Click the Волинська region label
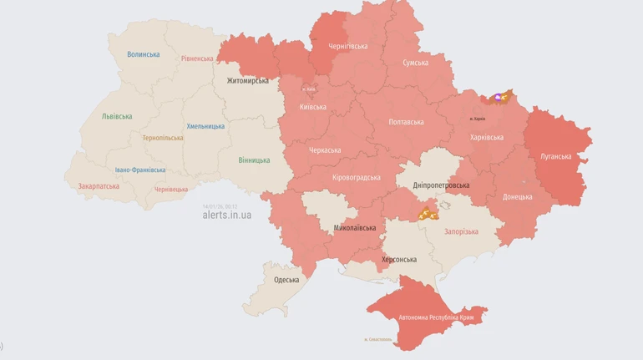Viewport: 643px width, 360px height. [143, 54]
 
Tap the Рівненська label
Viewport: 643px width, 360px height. [197, 58]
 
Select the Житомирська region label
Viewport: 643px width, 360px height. [248, 81]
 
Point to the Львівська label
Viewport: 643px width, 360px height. [117, 116]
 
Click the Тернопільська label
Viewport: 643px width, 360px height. [162, 138]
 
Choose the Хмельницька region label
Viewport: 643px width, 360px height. [205, 126]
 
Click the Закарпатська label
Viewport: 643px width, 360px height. [99, 186]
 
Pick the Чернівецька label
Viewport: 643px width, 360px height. [171, 190]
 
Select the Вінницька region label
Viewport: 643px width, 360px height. [254, 160]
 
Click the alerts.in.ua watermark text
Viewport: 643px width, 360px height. [226, 215]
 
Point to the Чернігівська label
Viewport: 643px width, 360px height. [347, 46]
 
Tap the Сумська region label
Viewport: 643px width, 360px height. [415, 63]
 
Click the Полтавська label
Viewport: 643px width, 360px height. [406, 122]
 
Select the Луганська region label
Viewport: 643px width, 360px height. [555, 156]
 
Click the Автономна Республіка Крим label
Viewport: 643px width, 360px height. [436, 318]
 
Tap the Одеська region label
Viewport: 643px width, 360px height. [286, 280]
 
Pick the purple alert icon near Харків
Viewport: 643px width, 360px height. [499, 98]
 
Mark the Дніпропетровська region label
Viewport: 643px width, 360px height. [441, 185]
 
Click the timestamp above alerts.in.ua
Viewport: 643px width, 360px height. [220, 206]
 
